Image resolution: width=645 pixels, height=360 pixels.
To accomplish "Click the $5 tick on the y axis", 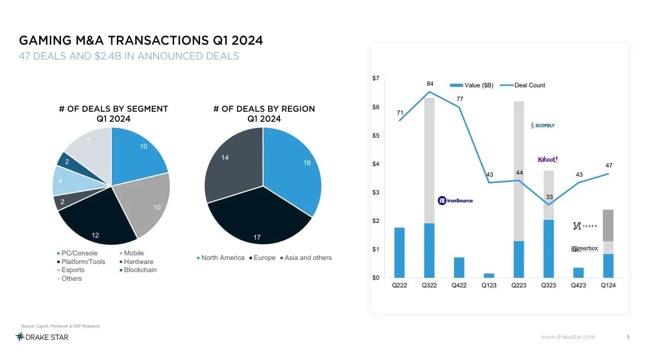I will pos(375,136).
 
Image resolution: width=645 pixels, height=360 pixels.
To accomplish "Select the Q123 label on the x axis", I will pos(489,285).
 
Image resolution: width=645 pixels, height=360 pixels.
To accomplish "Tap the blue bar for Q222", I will pos(400,252).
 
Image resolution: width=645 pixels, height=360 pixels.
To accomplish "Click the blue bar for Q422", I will pos(459,268).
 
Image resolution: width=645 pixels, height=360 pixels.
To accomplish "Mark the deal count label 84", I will pos(430,83).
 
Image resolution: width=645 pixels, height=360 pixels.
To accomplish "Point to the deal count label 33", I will pos(549,197).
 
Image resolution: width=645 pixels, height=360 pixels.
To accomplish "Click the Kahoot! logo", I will pos(547,159).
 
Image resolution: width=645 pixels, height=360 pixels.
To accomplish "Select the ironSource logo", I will pos(455,201).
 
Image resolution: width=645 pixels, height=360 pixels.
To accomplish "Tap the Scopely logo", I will pos(542,125).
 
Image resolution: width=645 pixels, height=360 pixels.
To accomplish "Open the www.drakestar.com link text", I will pos(567,337).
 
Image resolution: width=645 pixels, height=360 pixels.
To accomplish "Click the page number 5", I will pos(628,337).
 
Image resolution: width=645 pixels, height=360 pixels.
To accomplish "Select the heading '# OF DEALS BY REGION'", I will pos(264,109).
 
